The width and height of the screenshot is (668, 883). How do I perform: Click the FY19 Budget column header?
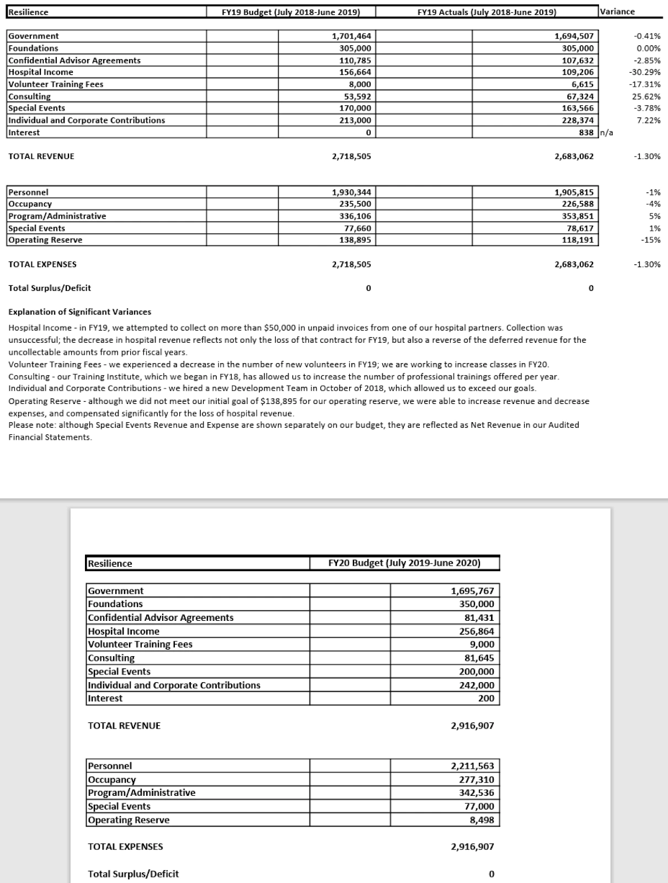tap(290, 12)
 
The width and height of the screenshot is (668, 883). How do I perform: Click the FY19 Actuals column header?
tap(487, 12)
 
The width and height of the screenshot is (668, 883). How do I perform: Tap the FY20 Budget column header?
tap(404, 563)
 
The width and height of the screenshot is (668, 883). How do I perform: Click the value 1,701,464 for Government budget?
tap(351, 36)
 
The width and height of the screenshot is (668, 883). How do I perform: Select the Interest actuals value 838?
tap(586, 132)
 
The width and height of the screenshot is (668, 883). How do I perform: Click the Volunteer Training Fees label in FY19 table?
tap(56, 84)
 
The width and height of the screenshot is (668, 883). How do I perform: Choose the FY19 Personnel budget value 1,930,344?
tap(351, 193)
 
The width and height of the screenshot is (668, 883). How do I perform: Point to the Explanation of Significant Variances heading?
tap(79, 312)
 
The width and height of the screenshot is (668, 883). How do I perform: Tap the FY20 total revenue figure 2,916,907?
tap(472, 726)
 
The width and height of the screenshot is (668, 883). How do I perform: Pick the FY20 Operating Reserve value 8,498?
tap(481, 820)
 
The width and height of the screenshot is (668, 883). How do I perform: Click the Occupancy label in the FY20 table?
tap(111, 780)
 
